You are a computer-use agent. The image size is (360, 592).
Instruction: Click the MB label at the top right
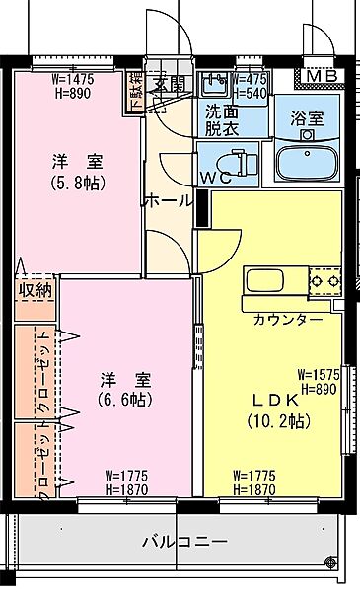(319, 77)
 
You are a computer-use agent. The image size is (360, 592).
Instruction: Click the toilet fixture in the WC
(238, 160)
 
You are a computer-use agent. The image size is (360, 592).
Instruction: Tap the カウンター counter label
(287, 319)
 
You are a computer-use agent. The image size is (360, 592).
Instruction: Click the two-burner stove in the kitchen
(323, 281)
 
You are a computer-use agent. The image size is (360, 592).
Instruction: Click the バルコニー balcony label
(184, 542)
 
